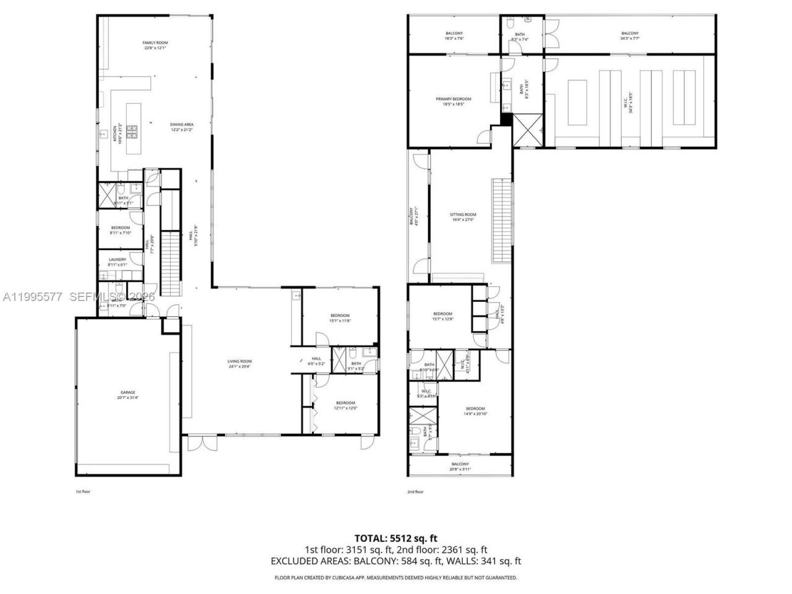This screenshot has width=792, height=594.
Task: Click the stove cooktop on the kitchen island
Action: [132, 131]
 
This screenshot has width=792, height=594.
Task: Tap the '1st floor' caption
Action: [83, 492]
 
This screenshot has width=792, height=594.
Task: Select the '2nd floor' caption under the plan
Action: [415, 492]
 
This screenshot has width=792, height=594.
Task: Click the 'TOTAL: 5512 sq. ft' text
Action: [395, 538]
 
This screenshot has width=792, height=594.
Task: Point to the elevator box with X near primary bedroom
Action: [528, 130]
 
